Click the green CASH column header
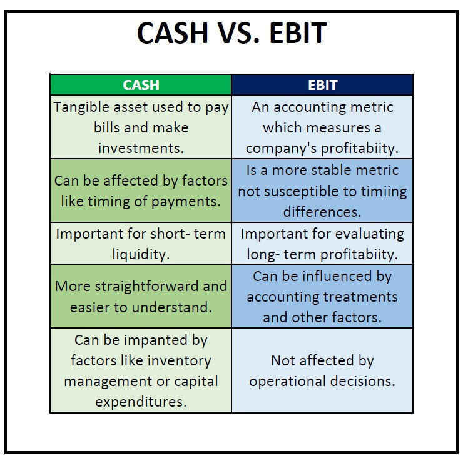(x=141, y=85)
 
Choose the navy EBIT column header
(x=322, y=85)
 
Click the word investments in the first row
(x=141, y=148)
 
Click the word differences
(x=322, y=212)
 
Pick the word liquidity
(x=141, y=254)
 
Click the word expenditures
(x=141, y=402)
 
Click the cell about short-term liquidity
(x=141, y=244)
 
